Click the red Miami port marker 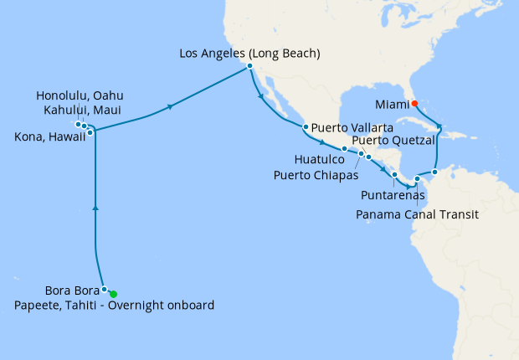pos(414,105)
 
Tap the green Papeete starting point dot pos(113,294)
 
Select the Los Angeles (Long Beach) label pos(250,54)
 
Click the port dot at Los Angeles pos(249,67)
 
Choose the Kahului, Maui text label pos(80,110)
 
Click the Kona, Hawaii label pos(49,136)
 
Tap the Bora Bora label pos(69,291)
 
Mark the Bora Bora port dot pos(105,290)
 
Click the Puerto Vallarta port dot pos(306,127)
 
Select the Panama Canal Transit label pos(417,214)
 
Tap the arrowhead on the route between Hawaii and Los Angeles pos(172,106)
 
